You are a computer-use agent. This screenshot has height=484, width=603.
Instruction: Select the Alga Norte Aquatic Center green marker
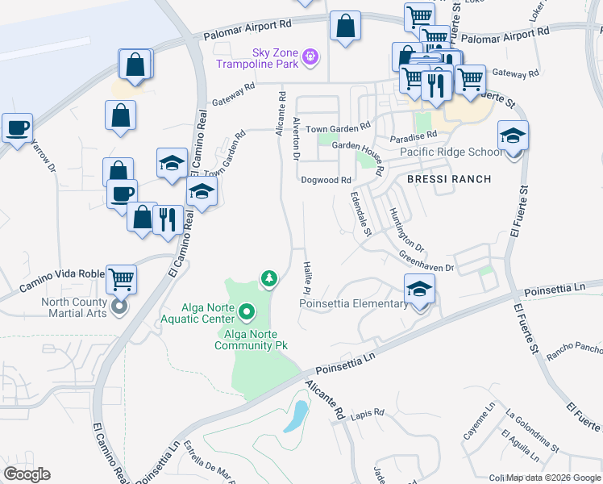247,310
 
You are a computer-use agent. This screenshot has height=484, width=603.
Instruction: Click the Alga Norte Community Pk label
251,340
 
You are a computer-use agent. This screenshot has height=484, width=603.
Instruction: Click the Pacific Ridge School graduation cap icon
512,136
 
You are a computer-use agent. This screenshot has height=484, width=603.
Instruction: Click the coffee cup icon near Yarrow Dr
17,127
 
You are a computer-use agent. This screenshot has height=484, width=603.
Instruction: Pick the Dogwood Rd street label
326,181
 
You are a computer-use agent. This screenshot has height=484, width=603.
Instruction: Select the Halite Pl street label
307,277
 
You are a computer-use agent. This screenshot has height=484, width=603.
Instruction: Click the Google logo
27,474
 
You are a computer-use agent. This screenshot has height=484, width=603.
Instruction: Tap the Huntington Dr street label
406,229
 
